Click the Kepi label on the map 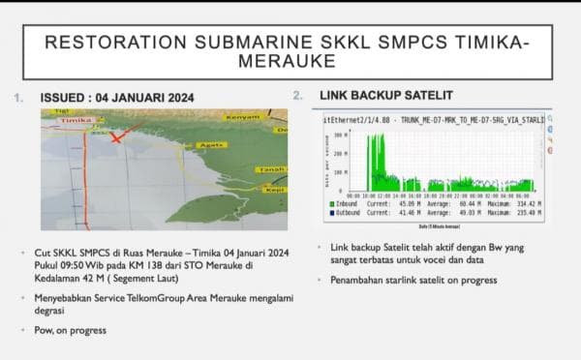tap(274, 192)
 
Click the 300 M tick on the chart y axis tap(340, 136)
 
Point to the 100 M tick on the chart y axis tap(340, 172)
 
